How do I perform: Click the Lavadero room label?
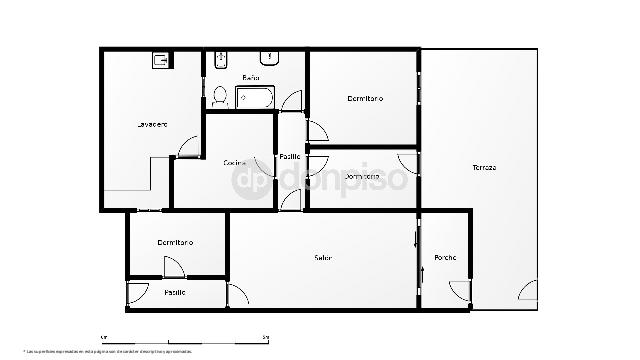pos(152,124)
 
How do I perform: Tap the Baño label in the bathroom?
pos(251,77)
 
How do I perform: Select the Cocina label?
pos(235,162)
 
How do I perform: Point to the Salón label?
pos(323,258)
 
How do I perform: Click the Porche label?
pos(445,258)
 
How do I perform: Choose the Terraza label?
pos(485,167)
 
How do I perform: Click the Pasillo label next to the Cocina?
pos(290,155)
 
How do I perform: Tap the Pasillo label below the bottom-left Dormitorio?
pos(175,292)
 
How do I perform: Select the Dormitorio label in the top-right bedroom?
pos(366,98)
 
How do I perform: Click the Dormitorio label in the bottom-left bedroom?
pos(175,243)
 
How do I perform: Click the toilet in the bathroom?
pos(218,97)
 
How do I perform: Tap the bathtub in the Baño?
pos(256,98)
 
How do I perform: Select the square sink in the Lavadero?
pos(161,60)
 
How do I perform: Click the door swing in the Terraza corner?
pos(528,292)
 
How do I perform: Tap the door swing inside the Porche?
pos(459,291)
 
